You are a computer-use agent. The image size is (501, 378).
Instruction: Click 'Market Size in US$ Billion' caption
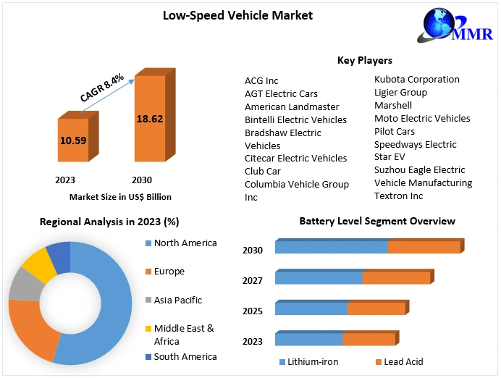pos(120,196)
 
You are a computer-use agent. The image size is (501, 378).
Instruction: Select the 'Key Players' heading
pos(365,60)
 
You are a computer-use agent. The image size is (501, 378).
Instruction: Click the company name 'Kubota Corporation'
pos(416,79)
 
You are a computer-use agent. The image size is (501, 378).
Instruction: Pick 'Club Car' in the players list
pos(263,172)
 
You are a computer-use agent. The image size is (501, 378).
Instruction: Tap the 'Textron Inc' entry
pos(398,196)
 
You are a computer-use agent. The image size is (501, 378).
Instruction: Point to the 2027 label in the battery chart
pos(253,280)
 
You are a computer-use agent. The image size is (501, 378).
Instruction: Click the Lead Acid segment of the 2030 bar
pos(424,247)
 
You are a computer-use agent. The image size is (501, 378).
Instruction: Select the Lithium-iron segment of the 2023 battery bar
pos(308,339)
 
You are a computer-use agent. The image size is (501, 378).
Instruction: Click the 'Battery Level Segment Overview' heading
pos(377,221)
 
